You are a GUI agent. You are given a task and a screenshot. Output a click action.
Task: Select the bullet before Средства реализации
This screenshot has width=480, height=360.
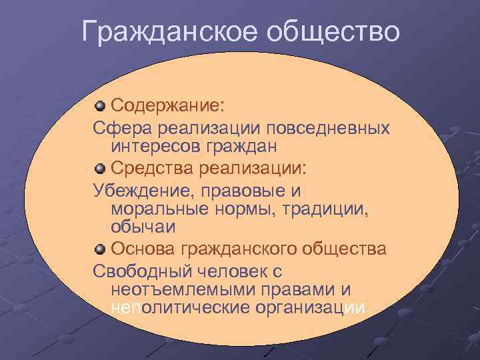[99, 167]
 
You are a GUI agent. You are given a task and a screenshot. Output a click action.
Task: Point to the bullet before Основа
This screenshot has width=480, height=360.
[99, 249]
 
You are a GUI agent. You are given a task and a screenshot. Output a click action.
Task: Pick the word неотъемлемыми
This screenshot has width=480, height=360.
[176, 290]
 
